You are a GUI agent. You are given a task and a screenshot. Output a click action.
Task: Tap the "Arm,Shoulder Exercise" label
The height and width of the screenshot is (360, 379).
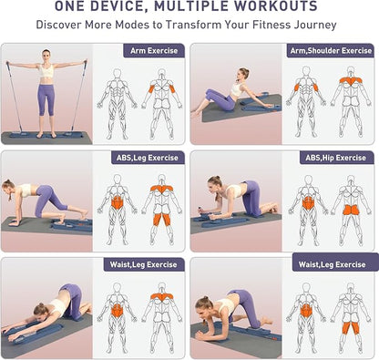[x=330, y=51]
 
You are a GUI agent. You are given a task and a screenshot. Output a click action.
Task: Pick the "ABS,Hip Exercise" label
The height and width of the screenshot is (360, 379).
[x=337, y=159]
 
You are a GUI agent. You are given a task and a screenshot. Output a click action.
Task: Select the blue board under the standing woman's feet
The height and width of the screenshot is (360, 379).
[x=46, y=138]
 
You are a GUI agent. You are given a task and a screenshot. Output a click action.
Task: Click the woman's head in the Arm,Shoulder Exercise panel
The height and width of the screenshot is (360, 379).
[x=243, y=73]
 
